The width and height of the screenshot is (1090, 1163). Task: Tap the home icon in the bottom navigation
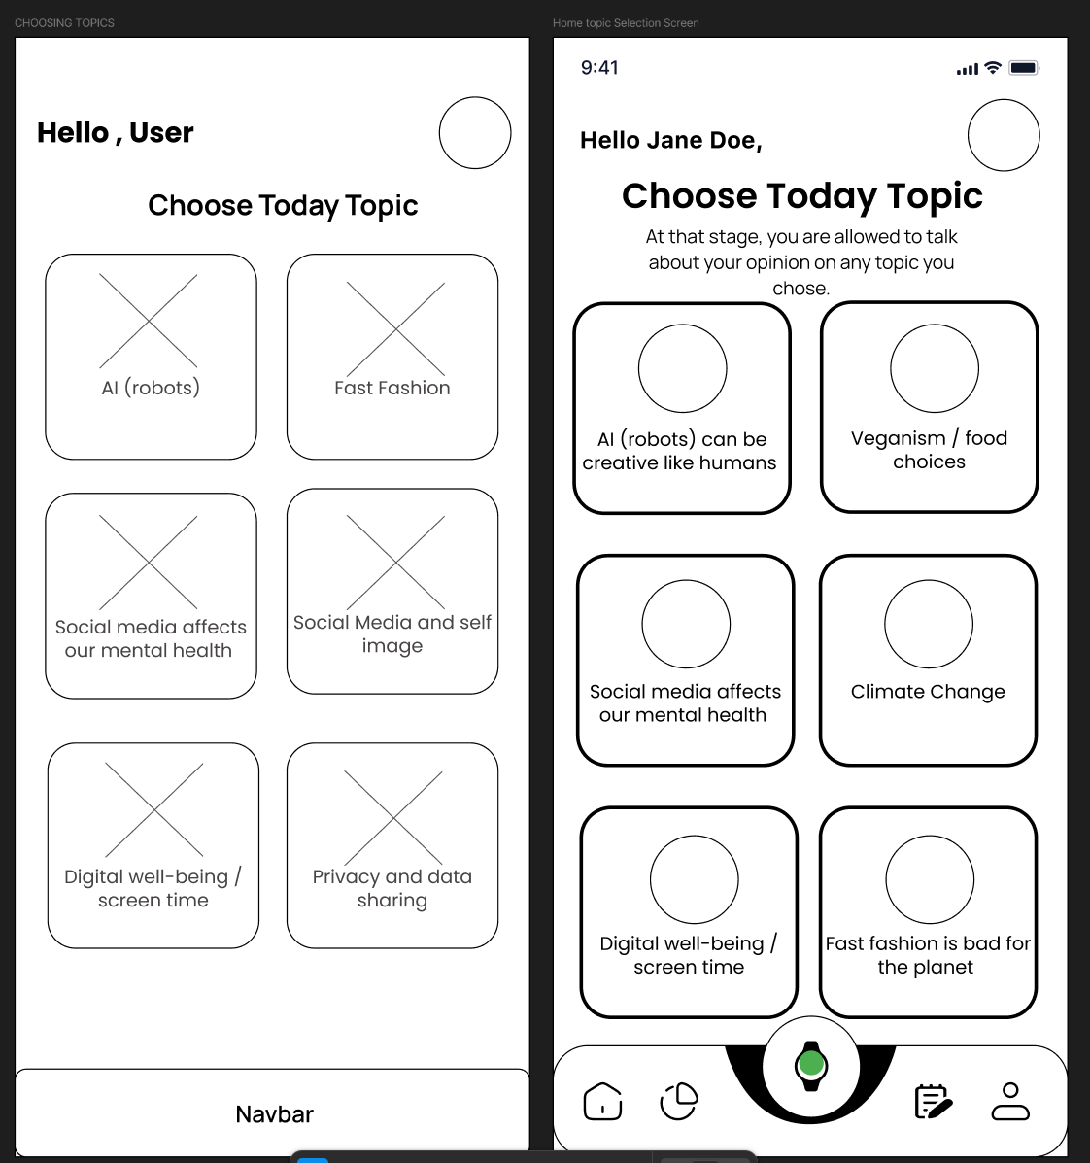602,1101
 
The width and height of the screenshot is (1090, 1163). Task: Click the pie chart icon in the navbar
679,1101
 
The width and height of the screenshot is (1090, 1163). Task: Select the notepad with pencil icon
933,1101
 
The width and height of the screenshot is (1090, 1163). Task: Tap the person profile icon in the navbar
1010,1101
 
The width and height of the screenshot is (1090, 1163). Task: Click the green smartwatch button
810,1065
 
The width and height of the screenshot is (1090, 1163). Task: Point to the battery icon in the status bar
1024,68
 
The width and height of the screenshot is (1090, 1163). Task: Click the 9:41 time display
599,68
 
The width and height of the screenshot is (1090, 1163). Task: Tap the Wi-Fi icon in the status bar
992,68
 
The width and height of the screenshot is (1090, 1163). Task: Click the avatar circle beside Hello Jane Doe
1004,135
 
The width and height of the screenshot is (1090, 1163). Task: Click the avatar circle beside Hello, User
475,133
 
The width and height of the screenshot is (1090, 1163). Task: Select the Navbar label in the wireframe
274,1114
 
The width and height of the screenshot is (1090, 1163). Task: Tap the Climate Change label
928,692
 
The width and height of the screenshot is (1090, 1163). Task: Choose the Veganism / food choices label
929,450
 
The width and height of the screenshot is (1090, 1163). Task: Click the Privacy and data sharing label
392,888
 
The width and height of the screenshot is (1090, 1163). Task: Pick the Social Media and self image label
392,633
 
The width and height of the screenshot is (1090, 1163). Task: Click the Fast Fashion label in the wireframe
392,388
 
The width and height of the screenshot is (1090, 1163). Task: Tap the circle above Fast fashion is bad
930,878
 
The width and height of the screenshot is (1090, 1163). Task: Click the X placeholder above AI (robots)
149,321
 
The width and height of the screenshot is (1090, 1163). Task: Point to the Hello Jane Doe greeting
670,141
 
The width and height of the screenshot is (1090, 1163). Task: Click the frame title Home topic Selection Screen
626,23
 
